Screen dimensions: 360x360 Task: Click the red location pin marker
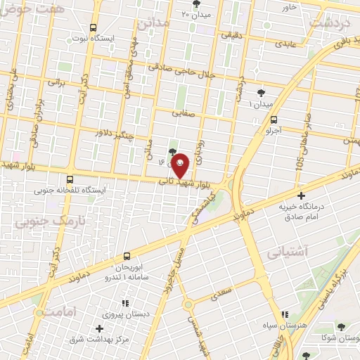click(x=181, y=165)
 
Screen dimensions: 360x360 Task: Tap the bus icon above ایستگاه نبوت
click(x=94, y=27)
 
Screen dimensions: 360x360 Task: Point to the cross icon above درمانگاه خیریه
click(x=302, y=195)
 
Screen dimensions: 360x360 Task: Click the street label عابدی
click(x=285, y=44)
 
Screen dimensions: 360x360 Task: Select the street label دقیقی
click(x=233, y=34)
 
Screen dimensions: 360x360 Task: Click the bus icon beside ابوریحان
click(x=127, y=256)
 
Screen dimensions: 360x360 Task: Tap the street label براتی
click(x=56, y=82)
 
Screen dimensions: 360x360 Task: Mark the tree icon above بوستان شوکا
click(x=341, y=326)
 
